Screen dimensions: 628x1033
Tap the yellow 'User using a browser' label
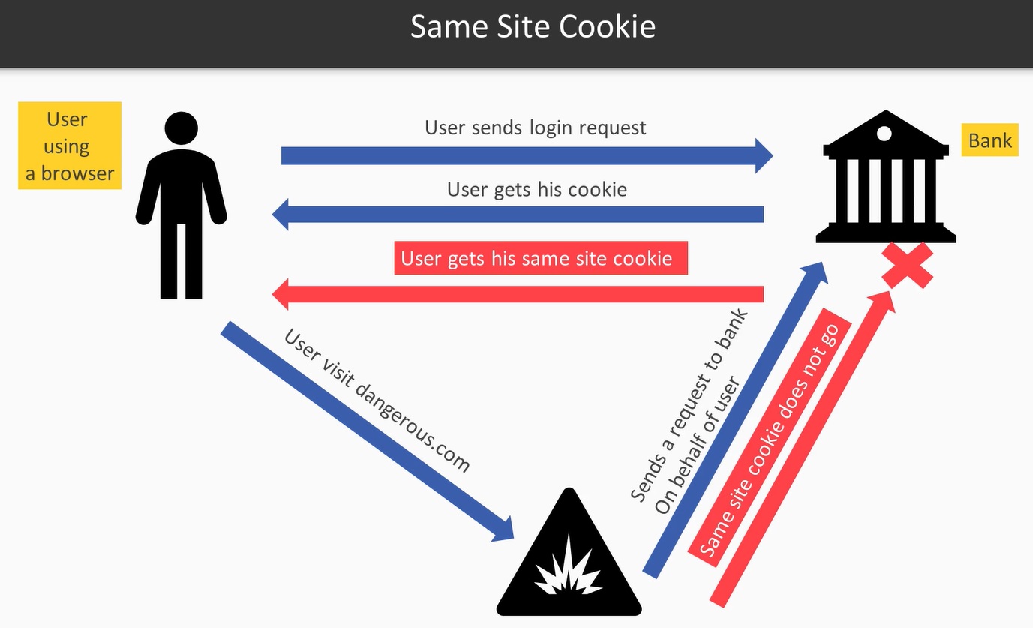[70, 146]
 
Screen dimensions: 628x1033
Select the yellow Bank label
[989, 140]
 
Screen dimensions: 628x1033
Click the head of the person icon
[181, 128]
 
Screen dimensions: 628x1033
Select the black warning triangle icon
[570, 559]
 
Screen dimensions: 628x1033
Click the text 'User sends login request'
[535, 128]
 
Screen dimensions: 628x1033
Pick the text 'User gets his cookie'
[536, 189]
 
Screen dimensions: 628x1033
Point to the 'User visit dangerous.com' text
[377, 399]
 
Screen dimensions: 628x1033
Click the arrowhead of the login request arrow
[764, 155]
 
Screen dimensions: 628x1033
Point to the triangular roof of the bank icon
[885, 131]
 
